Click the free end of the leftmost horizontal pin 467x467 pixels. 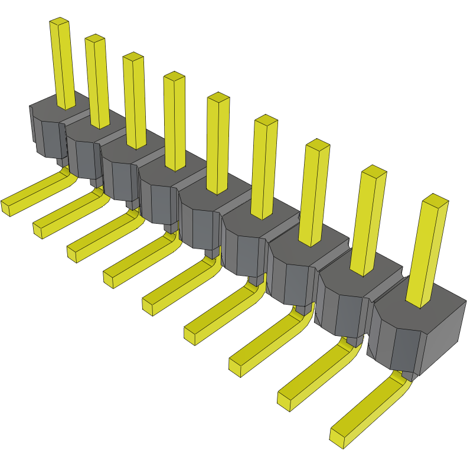coord(7,207)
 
